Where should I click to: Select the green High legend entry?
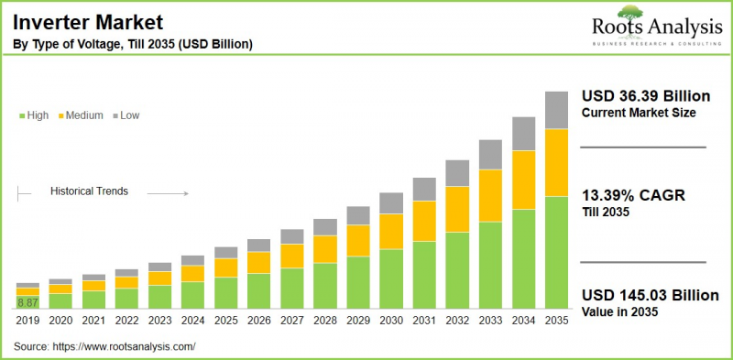33,115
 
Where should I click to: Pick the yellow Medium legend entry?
80,115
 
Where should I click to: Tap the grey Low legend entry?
126,115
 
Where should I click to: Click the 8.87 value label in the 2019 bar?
27,302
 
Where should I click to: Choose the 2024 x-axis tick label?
192,320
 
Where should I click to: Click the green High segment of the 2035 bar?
556,252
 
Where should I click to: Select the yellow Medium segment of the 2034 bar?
523,180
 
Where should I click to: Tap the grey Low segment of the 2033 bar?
490,154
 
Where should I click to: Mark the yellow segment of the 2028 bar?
325,249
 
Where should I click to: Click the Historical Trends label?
89,191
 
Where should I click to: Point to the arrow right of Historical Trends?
167,193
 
